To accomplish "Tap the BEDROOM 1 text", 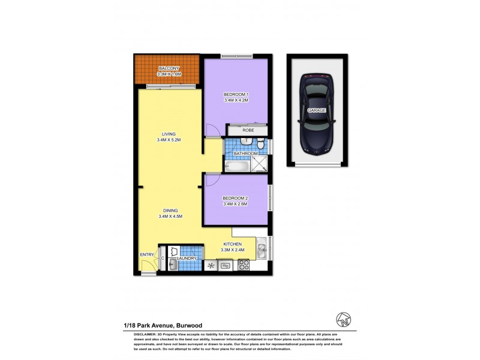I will click(236, 94).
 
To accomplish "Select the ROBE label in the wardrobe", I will click(248, 130).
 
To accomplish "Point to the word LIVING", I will click(168, 134).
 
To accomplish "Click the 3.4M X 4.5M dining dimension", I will click(170, 217).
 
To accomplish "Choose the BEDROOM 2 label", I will click(235, 198).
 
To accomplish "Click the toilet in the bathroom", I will click(262, 145).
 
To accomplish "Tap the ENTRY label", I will click(147, 255).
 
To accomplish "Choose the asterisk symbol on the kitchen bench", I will click(211, 265).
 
